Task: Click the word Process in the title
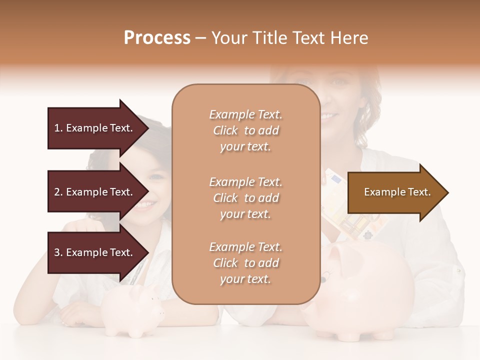[x=157, y=38]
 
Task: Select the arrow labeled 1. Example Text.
[x=95, y=128]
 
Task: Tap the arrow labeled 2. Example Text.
[x=95, y=192]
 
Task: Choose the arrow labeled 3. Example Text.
[x=95, y=252]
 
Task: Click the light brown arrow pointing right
[x=395, y=192]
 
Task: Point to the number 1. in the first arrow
[x=58, y=128]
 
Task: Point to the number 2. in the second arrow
[x=58, y=192]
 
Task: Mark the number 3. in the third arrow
[x=58, y=252]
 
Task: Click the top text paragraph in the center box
[x=245, y=130]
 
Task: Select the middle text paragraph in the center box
[x=245, y=198]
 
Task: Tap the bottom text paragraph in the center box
[x=245, y=263]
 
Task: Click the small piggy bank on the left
[x=132, y=310]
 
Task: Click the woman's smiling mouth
[x=330, y=116]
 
